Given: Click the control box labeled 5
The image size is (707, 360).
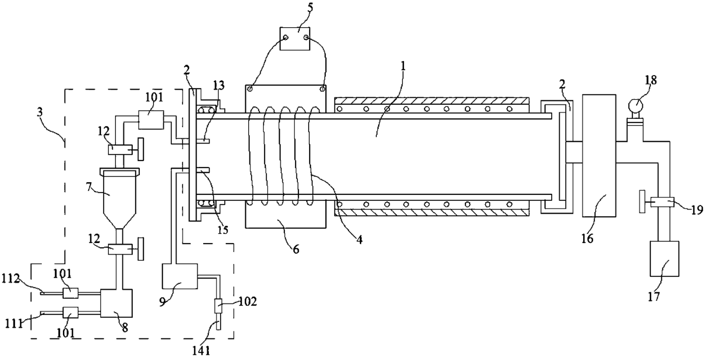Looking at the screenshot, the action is click(295, 38).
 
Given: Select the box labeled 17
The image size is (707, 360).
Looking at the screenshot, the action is click(664, 259).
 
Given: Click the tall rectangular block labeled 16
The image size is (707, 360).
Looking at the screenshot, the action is click(599, 156).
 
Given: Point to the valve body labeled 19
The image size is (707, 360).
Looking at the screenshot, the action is click(662, 202).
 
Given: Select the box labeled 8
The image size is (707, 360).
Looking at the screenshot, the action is click(116, 303).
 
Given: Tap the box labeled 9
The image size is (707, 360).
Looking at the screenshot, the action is click(180, 276).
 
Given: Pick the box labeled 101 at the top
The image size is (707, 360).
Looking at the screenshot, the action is click(151, 120).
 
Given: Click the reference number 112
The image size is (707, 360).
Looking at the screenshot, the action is click(11, 279).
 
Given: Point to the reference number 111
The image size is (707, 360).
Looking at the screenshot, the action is click(14, 323).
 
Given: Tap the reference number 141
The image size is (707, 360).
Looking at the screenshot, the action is click(201, 351).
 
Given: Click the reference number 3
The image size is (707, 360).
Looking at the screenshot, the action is click(40, 113).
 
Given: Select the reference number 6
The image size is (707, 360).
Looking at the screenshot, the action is click(296, 249).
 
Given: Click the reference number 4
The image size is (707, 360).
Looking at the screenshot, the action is click(359, 240).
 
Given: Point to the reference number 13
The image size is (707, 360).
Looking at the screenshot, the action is click(219, 85).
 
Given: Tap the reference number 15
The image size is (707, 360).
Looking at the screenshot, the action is click(223, 230).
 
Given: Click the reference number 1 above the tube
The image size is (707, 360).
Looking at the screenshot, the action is click(403, 66).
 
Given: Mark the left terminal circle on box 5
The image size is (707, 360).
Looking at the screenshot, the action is click(286, 38).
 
